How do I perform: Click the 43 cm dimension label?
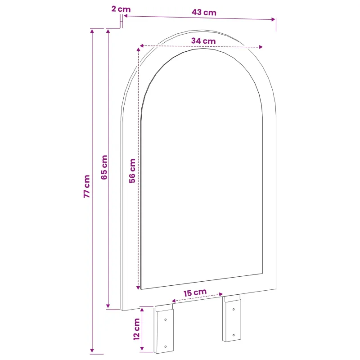(x=204, y=12)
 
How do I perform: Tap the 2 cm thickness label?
(x=121, y=9)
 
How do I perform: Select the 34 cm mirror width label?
(x=203, y=41)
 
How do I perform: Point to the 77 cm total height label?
(x=86, y=186)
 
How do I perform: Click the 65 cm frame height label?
(x=104, y=167)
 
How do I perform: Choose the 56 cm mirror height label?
(x=132, y=171)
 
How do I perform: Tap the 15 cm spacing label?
(x=195, y=292)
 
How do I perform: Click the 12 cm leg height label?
(x=137, y=329)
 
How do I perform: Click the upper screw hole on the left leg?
(x=165, y=319)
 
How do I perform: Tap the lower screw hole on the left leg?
(x=165, y=346)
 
